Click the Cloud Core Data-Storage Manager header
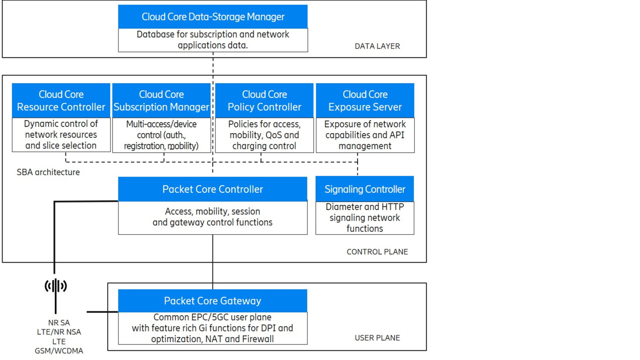[x=212, y=17]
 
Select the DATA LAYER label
[x=377, y=46]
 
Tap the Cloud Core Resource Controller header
[x=61, y=101]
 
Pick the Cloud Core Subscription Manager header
[x=161, y=101]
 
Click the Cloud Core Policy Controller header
[x=264, y=101]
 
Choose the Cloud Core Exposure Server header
[x=365, y=101]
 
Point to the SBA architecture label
[x=48, y=172]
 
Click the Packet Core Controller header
[x=212, y=189]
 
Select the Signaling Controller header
[x=365, y=189]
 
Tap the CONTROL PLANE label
[x=377, y=252]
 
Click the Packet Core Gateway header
[x=212, y=301]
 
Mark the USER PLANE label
[x=377, y=338]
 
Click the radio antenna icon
[x=56, y=286]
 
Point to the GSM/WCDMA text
[x=59, y=351]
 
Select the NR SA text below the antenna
[x=59, y=323]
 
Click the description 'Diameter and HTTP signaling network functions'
[x=365, y=218]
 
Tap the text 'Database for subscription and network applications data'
[x=212, y=40]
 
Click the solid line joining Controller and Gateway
[x=212, y=260]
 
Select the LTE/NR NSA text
[x=59, y=332]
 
